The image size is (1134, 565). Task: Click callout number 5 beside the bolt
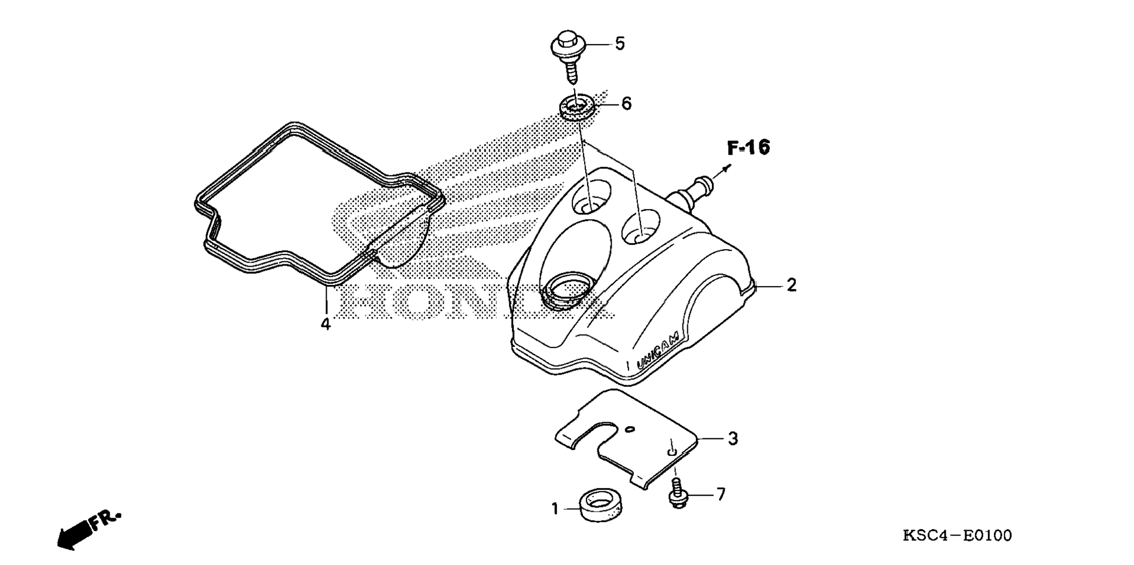(x=619, y=43)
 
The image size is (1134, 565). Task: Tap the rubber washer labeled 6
(x=578, y=108)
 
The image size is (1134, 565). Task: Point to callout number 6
(x=626, y=104)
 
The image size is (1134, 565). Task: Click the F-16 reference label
(x=748, y=147)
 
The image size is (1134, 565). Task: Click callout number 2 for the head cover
(x=792, y=285)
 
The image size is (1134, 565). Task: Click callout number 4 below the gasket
(x=325, y=324)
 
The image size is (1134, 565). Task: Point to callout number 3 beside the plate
(x=733, y=438)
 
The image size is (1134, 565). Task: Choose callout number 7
(x=721, y=494)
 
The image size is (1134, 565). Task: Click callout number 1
(x=555, y=509)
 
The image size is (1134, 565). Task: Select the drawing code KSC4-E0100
(x=957, y=535)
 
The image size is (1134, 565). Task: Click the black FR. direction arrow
(x=75, y=535)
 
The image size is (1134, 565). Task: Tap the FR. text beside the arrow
(x=106, y=520)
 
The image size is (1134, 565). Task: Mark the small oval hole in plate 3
(x=630, y=430)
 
